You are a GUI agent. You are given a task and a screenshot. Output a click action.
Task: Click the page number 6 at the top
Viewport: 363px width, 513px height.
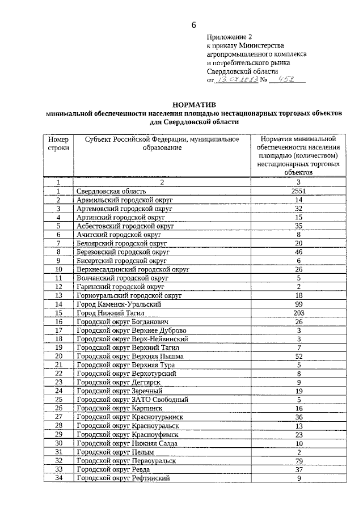194,24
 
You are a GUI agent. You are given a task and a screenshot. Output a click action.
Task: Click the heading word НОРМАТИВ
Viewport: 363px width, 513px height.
194,105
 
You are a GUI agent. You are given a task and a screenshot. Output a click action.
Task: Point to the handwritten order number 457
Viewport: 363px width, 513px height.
288,80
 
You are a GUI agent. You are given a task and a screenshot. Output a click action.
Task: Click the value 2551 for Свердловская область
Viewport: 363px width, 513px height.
297,192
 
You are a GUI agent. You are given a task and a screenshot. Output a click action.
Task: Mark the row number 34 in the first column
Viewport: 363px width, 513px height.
58,478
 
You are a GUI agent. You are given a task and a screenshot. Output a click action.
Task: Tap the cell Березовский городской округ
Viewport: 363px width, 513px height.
123,252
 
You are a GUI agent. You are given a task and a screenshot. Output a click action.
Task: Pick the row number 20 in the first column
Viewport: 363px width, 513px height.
58,356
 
